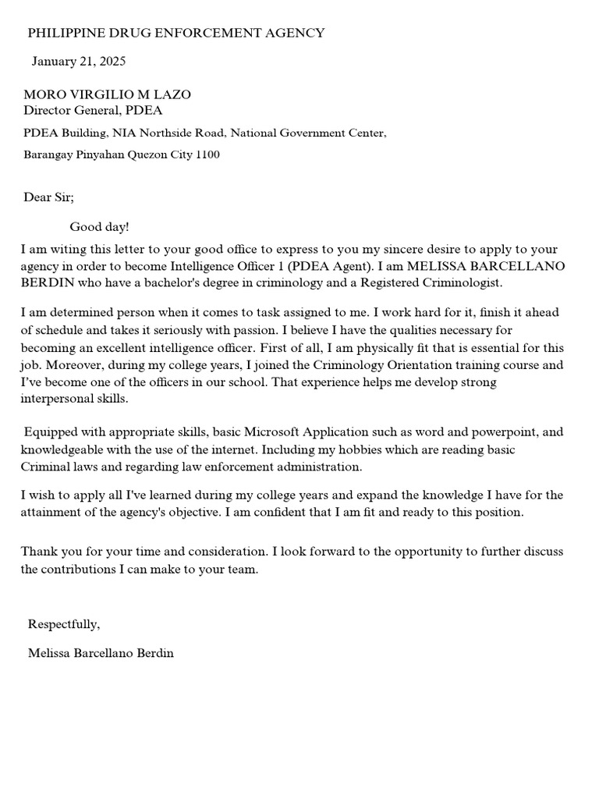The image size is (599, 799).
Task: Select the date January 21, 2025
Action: point(78,61)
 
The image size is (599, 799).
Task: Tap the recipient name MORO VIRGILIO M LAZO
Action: point(107,94)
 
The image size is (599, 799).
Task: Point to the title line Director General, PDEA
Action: point(93,110)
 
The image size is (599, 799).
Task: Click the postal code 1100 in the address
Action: point(207,154)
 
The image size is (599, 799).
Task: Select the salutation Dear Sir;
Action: point(48,197)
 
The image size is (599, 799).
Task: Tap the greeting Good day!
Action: point(99,227)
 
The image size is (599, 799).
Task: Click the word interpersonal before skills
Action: point(58,398)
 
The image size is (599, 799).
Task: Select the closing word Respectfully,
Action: point(64,624)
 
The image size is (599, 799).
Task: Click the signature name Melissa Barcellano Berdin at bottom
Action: point(101,653)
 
